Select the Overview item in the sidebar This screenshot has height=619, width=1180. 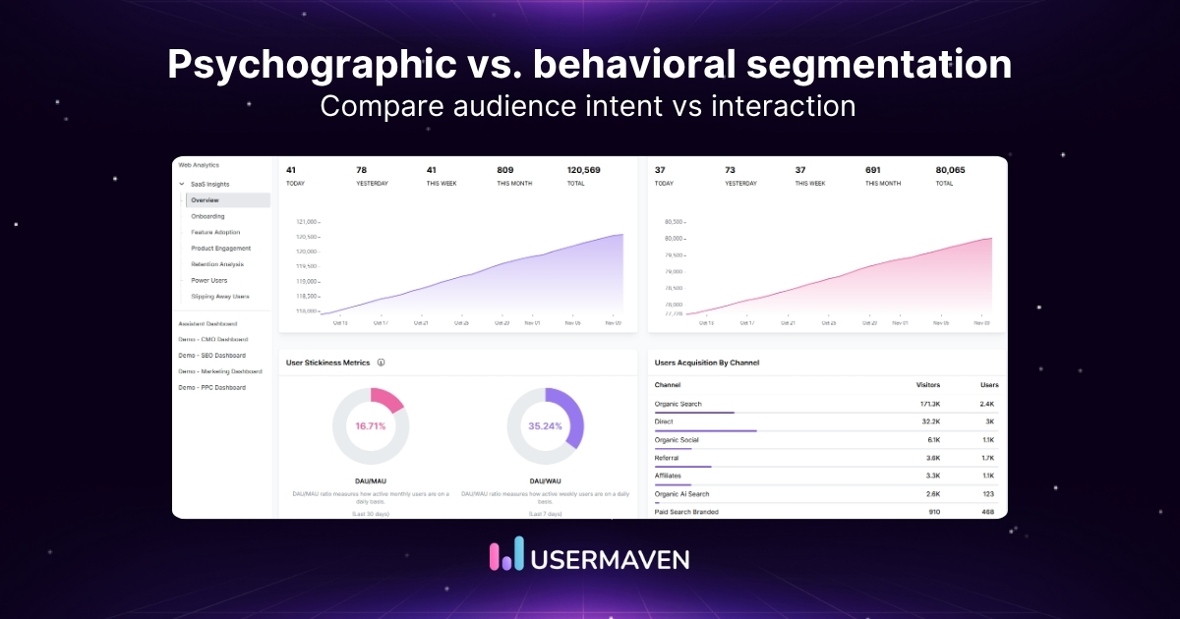[205, 200]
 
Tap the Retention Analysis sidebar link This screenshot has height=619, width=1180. [217, 264]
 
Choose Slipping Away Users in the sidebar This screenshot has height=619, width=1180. [220, 296]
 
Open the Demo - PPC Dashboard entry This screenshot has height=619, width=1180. [211, 387]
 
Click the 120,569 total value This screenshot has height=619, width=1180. [583, 170]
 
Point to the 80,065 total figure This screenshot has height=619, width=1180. [950, 170]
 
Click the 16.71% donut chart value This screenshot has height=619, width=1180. [371, 426]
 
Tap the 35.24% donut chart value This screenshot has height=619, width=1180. [545, 426]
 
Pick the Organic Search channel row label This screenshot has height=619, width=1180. [679, 404]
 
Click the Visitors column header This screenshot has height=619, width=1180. [928, 385]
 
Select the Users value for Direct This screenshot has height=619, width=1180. [990, 422]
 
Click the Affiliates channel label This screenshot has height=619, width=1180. [669, 476]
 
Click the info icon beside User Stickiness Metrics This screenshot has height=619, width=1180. [381, 363]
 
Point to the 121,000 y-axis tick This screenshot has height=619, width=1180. [307, 222]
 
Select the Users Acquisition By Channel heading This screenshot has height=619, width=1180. [706, 363]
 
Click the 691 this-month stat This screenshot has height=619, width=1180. [872, 170]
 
